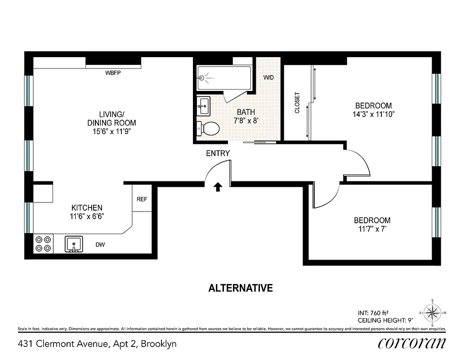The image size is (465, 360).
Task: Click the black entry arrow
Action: point(218,187)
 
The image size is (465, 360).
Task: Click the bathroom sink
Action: point(203,107)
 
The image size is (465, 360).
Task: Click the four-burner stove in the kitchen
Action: point(43,244)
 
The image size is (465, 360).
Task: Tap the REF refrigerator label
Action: point(142,199)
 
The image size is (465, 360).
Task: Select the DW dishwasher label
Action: point(100,245)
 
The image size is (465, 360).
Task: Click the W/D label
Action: point(268,77)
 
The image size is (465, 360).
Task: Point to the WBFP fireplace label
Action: point(113,72)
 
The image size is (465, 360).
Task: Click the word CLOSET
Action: point(297,103)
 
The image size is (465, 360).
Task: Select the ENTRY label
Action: point(218,153)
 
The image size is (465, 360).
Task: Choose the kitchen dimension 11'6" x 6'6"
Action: point(87,216)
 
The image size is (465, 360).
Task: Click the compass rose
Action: point(432,312)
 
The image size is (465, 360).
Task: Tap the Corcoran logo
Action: point(412,343)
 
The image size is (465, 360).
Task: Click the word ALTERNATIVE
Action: point(241,288)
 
